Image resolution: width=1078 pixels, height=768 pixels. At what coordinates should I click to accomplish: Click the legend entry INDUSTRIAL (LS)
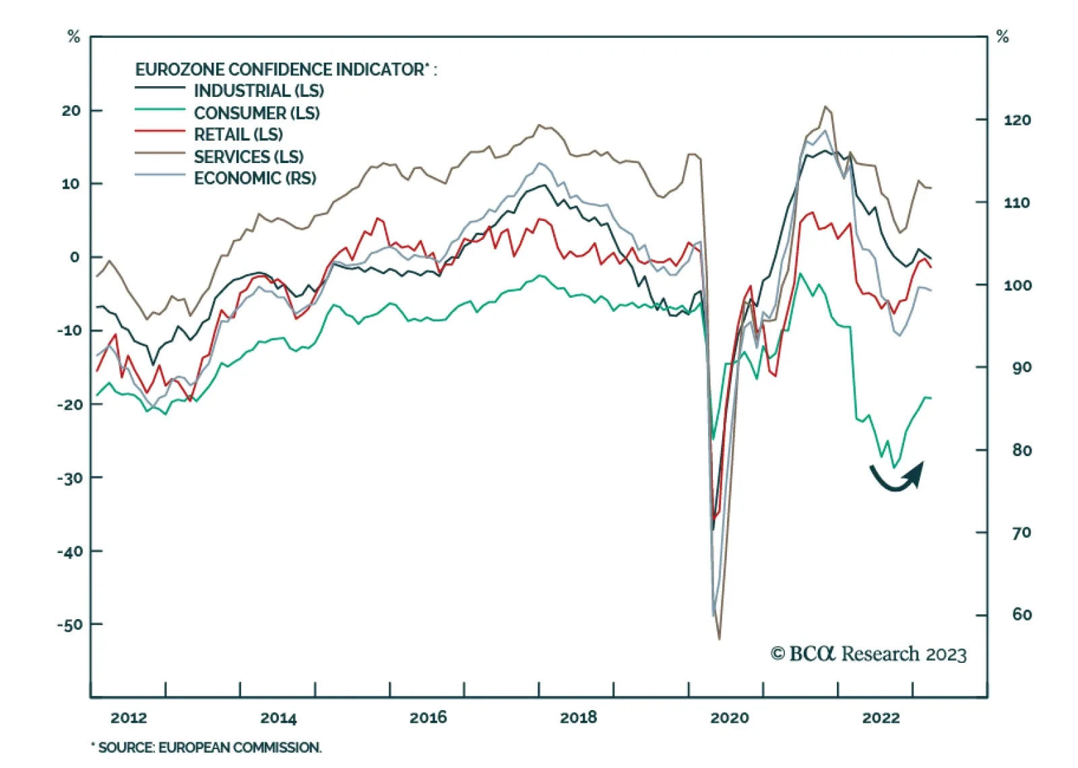coord(259,90)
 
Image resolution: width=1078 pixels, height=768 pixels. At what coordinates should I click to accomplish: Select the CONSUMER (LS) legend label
coord(257,113)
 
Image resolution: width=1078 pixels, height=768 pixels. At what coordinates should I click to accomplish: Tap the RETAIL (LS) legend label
coord(239,134)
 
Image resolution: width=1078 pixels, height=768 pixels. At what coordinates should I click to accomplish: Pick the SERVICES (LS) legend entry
coord(249,156)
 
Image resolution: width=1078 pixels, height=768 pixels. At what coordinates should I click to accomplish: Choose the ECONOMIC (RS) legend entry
coord(255,178)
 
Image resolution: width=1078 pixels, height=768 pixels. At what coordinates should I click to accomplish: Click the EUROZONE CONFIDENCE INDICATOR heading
coord(286,69)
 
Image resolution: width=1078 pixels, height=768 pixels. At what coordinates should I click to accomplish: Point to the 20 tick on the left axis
coord(71,110)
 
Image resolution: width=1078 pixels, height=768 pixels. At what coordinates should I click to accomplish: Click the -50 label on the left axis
coord(69,625)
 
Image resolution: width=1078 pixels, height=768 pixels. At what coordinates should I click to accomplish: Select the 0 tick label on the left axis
coord(74,257)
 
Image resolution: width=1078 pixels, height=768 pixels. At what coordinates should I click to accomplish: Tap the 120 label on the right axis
coord(1017,120)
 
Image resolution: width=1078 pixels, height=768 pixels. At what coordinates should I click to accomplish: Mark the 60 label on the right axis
coord(1021,614)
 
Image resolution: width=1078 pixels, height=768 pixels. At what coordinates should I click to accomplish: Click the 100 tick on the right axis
coord(1017,285)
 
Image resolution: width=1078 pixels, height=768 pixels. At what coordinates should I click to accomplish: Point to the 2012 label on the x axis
coord(129,717)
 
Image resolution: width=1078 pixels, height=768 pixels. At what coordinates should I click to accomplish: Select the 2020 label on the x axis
coord(729,717)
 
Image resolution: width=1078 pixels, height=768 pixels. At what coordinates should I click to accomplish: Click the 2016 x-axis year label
coord(428,717)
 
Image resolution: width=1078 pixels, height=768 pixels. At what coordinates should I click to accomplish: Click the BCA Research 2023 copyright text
coord(868,654)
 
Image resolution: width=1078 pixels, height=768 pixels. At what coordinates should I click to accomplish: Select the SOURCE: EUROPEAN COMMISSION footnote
coord(207,747)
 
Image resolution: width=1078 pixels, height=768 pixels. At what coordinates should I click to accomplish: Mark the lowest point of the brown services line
coord(720,639)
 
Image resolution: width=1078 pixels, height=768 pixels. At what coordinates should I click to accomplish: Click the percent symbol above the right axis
coord(1003,37)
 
